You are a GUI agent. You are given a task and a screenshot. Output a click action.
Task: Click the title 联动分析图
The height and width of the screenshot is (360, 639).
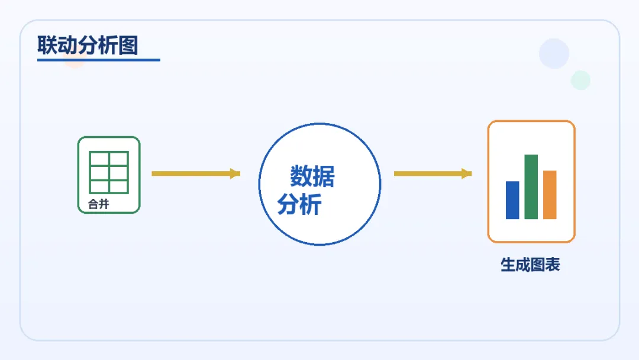[x=88, y=45]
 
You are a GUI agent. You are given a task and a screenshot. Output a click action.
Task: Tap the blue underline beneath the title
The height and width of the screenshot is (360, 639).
[x=98, y=59]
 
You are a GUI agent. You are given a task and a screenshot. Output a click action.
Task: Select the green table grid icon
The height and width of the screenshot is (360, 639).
[x=109, y=172]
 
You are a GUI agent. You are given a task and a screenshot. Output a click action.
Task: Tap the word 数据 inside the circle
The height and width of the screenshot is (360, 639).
[x=312, y=176]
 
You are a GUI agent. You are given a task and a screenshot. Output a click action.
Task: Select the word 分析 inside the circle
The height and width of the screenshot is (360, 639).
[x=299, y=204]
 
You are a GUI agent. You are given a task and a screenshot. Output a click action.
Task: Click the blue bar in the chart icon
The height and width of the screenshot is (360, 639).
[x=512, y=200]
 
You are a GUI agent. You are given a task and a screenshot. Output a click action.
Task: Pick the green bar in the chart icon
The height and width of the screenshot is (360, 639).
[x=531, y=187]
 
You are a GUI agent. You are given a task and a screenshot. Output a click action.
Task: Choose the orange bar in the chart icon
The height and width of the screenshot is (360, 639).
[x=550, y=195]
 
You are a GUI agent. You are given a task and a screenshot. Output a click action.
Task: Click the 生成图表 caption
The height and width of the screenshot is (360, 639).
[x=530, y=265]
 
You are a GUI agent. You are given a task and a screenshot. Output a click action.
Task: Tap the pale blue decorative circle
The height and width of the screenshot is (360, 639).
[x=554, y=53]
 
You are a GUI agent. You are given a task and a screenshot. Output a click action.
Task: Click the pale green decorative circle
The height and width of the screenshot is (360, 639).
[x=580, y=80]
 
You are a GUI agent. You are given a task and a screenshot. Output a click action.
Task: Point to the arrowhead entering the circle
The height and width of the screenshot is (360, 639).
[x=235, y=173]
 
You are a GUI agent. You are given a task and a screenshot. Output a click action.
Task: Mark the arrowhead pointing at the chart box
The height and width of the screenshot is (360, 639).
[x=467, y=173]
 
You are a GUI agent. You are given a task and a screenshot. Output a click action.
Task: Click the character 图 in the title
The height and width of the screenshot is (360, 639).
[x=128, y=45]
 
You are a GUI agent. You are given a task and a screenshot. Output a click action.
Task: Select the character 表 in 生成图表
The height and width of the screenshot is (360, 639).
[x=553, y=265]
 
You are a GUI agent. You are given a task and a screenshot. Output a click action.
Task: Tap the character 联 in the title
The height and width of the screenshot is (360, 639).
[x=47, y=45]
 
